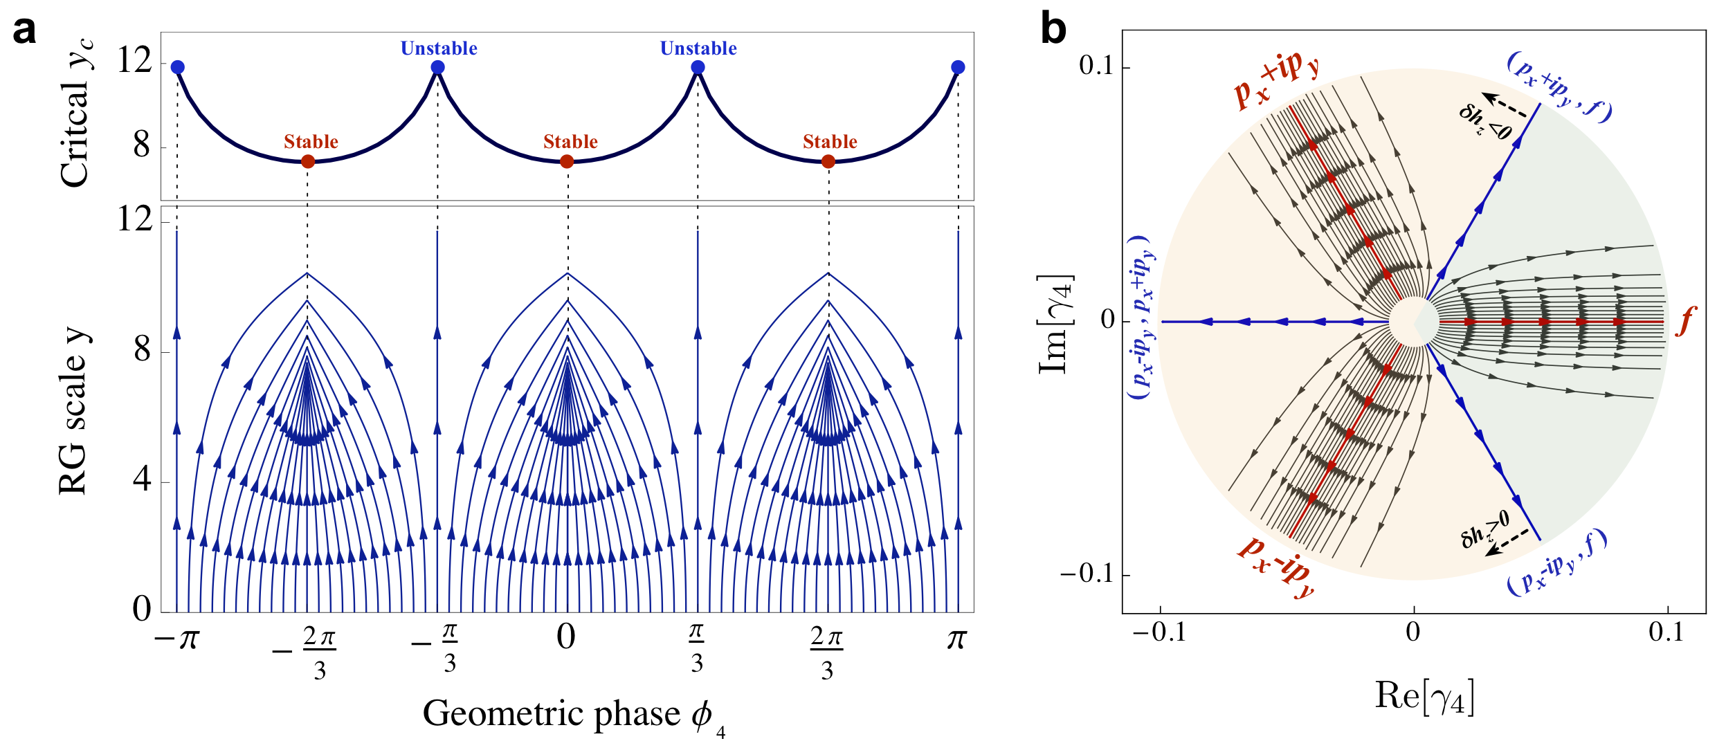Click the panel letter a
(x=24, y=31)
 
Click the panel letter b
(x=1053, y=30)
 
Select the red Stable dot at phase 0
(x=567, y=161)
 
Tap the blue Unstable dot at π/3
(x=698, y=67)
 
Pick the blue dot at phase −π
(x=177, y=67)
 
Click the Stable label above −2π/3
(x=311, y=142)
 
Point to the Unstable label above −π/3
(x=439, y=48)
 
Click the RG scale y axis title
(x=73, y=411)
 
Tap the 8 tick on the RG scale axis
(x=142, y=350)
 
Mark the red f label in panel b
(x=1686, y=322)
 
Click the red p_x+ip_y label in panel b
(x=1277, y=80)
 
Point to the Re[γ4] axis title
(x=1424, y=695)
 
